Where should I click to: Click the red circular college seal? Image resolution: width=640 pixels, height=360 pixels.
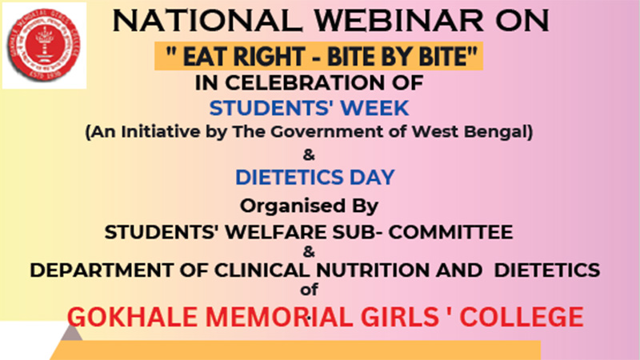44,46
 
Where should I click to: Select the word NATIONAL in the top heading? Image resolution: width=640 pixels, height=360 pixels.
207,21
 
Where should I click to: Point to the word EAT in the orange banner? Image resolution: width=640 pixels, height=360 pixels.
204,56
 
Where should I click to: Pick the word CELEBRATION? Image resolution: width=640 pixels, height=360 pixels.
306,83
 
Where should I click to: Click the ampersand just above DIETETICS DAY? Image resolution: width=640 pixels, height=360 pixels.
309,155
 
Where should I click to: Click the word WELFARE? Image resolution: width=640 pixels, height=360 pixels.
277,232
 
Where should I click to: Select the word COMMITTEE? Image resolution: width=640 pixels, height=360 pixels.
450,232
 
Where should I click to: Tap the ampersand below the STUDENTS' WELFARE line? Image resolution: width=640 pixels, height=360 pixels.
309,252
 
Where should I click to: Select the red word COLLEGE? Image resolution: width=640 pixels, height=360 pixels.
522,317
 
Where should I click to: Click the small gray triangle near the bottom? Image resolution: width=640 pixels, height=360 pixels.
71,333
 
